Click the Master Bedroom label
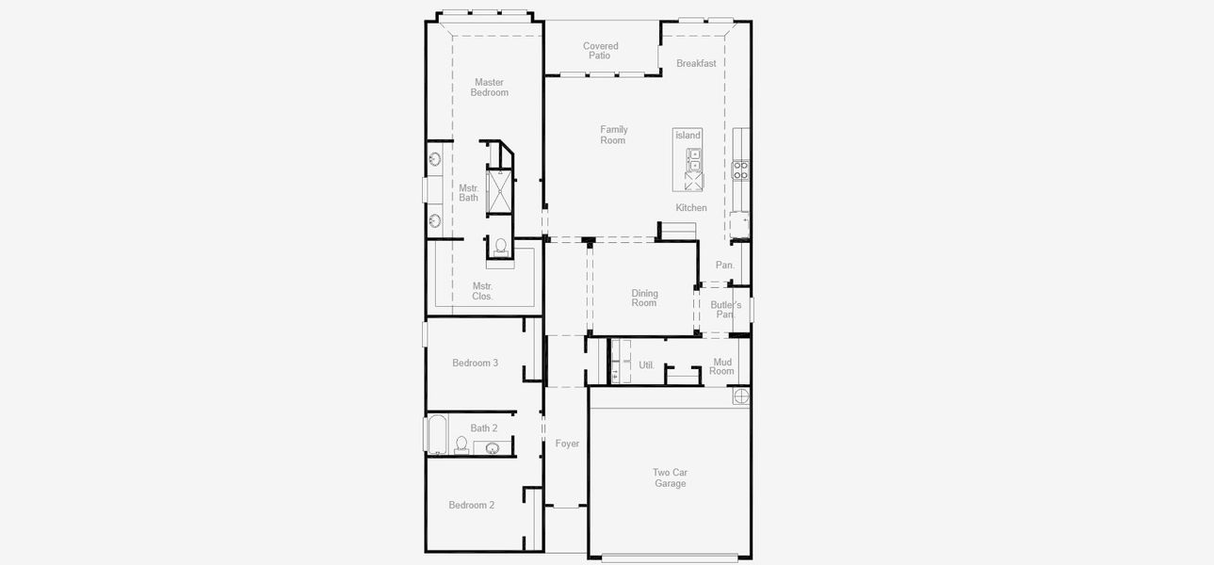point(490,88)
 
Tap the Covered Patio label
point(600,51)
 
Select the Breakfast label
point(696,64)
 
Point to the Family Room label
point(613,135)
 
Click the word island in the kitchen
point(688,136)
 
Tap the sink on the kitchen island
point(694,160)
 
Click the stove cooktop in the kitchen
point(741,170)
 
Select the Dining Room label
point(644,299)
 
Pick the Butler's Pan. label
point(725,309)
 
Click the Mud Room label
point(722,366)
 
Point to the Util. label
point(647,365)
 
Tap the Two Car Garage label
point(671,478)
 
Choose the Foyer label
point(567,444)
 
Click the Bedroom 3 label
point(475,363)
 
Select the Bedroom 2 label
point(471,506)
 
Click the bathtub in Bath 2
point(437,435)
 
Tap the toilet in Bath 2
point(461,444)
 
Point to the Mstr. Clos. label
point(482,291)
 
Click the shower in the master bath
point(498,191)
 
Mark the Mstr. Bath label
point(469,193)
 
